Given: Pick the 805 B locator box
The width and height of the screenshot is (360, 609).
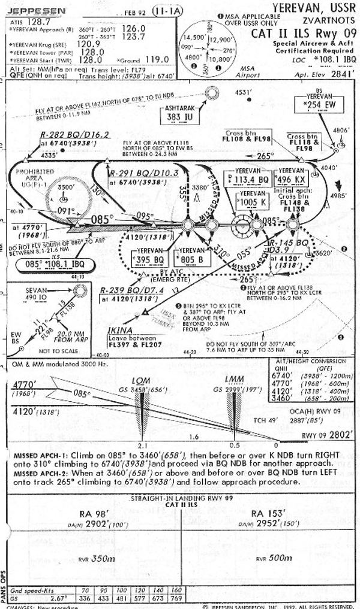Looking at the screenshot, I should pos(191,257).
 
